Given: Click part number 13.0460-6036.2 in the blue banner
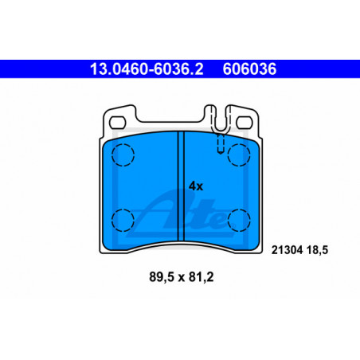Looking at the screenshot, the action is click(x=147, y=69).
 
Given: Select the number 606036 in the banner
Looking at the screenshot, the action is click(x=249, y=69).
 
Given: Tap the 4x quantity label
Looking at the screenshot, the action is click(x=196, y=186).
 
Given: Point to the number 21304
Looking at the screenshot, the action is click(x=287, y=250).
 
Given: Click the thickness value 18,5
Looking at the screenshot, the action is click(x=318, y=250).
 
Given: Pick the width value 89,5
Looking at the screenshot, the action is click(x=162, y=277).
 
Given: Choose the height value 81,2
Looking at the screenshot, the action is click(x=201, y=277).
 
